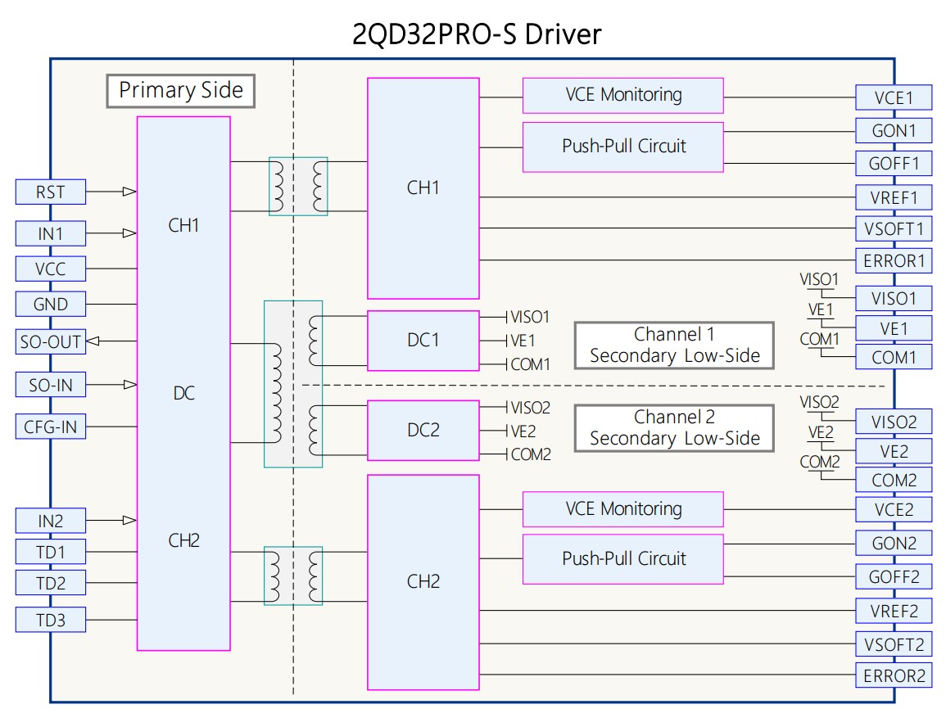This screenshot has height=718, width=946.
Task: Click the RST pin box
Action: [x=50, y=192]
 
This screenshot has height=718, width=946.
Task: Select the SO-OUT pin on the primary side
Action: [x=50, y=341]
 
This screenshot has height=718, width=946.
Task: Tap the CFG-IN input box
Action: [x=50, y=427]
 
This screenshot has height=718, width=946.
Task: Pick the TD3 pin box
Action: [x=50, y=620]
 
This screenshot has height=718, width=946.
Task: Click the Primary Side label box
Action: [x=181, y=91]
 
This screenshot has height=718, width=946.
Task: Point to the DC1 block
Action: [x=423, y=341]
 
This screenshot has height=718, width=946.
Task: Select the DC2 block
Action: [x=423, y=430]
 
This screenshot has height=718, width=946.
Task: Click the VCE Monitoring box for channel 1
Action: [x=622, y=95]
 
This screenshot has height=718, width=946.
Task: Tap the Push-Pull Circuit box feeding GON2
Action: [x=622, y=559]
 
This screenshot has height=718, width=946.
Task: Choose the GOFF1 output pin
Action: [x=894, y=163]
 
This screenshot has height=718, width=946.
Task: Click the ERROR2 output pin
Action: [x=894, y=675]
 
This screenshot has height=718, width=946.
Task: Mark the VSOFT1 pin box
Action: [x=894, y=228]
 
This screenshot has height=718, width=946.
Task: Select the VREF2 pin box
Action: [x=894, y=610]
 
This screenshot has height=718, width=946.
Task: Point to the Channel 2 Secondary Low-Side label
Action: [x=674, y=428]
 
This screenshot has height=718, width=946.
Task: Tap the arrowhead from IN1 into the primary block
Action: [x=129, y=233]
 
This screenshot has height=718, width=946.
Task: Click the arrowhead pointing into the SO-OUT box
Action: [x=91, y=341]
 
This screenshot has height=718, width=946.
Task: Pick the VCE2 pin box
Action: [x=894, y=510]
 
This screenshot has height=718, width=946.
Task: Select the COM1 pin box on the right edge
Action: [x=894, y=357]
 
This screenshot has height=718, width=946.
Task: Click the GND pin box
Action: [x=50, y=305]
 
